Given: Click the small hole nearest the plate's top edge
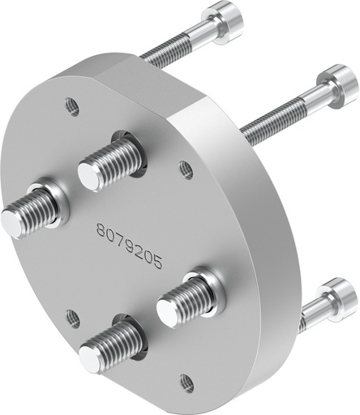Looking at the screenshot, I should (x=72, y=105).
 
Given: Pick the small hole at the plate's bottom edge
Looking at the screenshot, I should (x=186, y=381).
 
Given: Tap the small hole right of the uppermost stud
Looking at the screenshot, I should (x=186, y=169).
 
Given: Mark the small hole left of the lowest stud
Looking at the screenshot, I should (x=72, y=315).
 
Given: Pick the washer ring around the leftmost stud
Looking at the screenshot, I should (x=54, y=202).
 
